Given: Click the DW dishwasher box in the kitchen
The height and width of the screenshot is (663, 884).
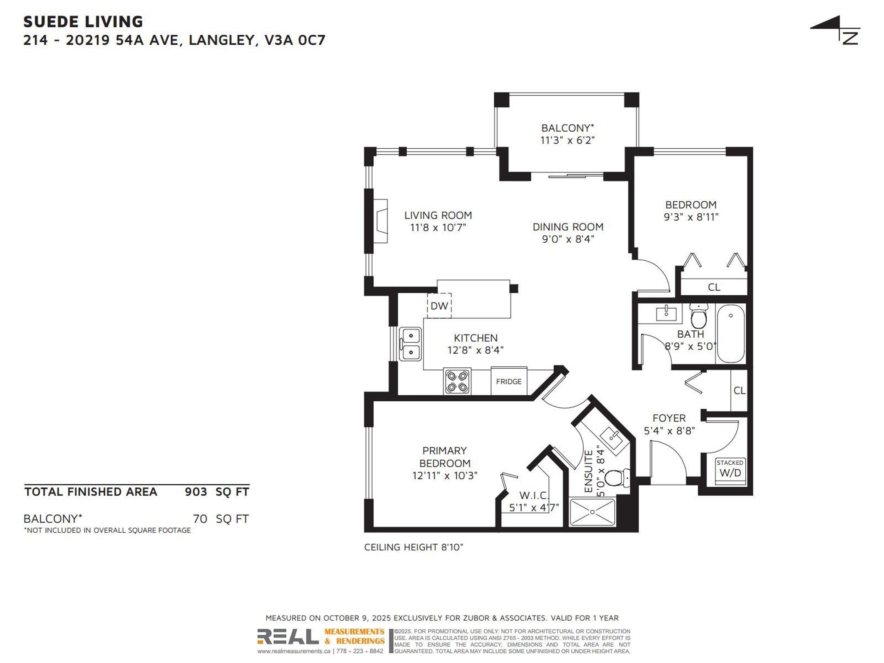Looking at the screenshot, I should click(439, 306).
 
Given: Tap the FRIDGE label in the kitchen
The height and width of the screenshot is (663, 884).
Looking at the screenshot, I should click(509, 381).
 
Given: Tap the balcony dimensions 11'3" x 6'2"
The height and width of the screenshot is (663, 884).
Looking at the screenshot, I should click(567, 140).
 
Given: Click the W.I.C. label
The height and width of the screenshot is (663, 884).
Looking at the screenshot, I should click(534, 496).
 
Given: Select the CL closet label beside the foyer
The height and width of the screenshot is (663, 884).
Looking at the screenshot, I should click(739, 390).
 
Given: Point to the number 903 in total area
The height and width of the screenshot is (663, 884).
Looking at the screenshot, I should click(196, 491).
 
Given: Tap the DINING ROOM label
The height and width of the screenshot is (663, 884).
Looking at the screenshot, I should click(568, 227).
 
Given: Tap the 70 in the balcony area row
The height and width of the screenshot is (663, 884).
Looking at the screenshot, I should click(200, 519).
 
